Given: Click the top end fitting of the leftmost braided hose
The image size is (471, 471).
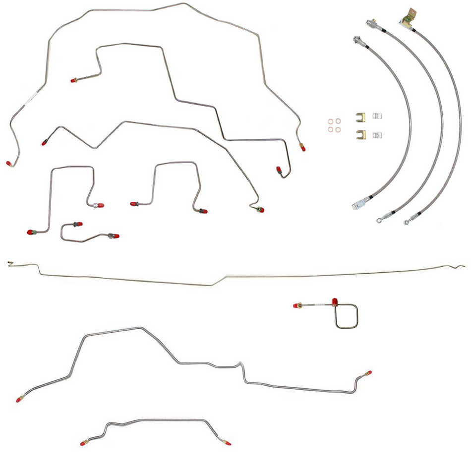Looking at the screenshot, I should (x=356, y=39).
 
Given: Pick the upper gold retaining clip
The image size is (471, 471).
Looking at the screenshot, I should (x=360, y=117).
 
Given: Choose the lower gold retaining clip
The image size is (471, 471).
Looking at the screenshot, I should (x=360, y=134).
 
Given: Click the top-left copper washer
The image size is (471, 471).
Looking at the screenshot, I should (x=330, y=121).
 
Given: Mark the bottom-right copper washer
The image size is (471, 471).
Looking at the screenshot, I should (x=338, y=130).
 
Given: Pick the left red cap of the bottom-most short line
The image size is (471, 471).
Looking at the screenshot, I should (x=83, y=442).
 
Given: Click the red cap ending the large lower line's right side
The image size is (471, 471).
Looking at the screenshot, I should (x=369, y=373).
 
